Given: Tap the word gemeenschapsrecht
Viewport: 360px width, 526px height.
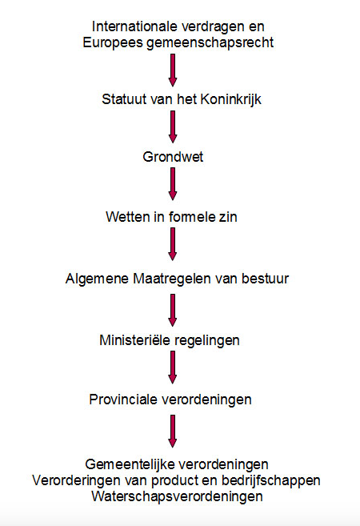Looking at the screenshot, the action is [x=210, y=43].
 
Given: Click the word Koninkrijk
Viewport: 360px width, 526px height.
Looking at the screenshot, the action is [x=231, y=99].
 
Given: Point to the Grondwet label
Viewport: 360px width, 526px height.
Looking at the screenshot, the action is [x=173, y=157].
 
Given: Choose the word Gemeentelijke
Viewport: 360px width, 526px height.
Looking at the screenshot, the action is [x=130, y=464].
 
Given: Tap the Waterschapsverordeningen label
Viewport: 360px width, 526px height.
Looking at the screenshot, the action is [x=177, y=496].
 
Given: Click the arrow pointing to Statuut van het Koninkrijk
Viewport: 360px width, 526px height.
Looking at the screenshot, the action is [x=173, y=70].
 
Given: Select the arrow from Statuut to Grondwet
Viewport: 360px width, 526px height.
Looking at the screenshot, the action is [x=173, y=127].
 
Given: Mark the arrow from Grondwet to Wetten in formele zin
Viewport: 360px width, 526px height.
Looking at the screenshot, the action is [x=173, y=184].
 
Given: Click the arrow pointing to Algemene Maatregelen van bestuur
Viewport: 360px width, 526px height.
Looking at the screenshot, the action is [x=173, y=244].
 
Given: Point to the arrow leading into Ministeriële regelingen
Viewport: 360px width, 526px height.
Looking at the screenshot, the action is [x=173, y=311].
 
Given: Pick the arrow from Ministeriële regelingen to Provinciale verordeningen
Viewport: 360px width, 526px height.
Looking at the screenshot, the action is [x=173, y=367].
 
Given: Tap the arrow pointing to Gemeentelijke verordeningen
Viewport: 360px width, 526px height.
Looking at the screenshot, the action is [x=173, y=431].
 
